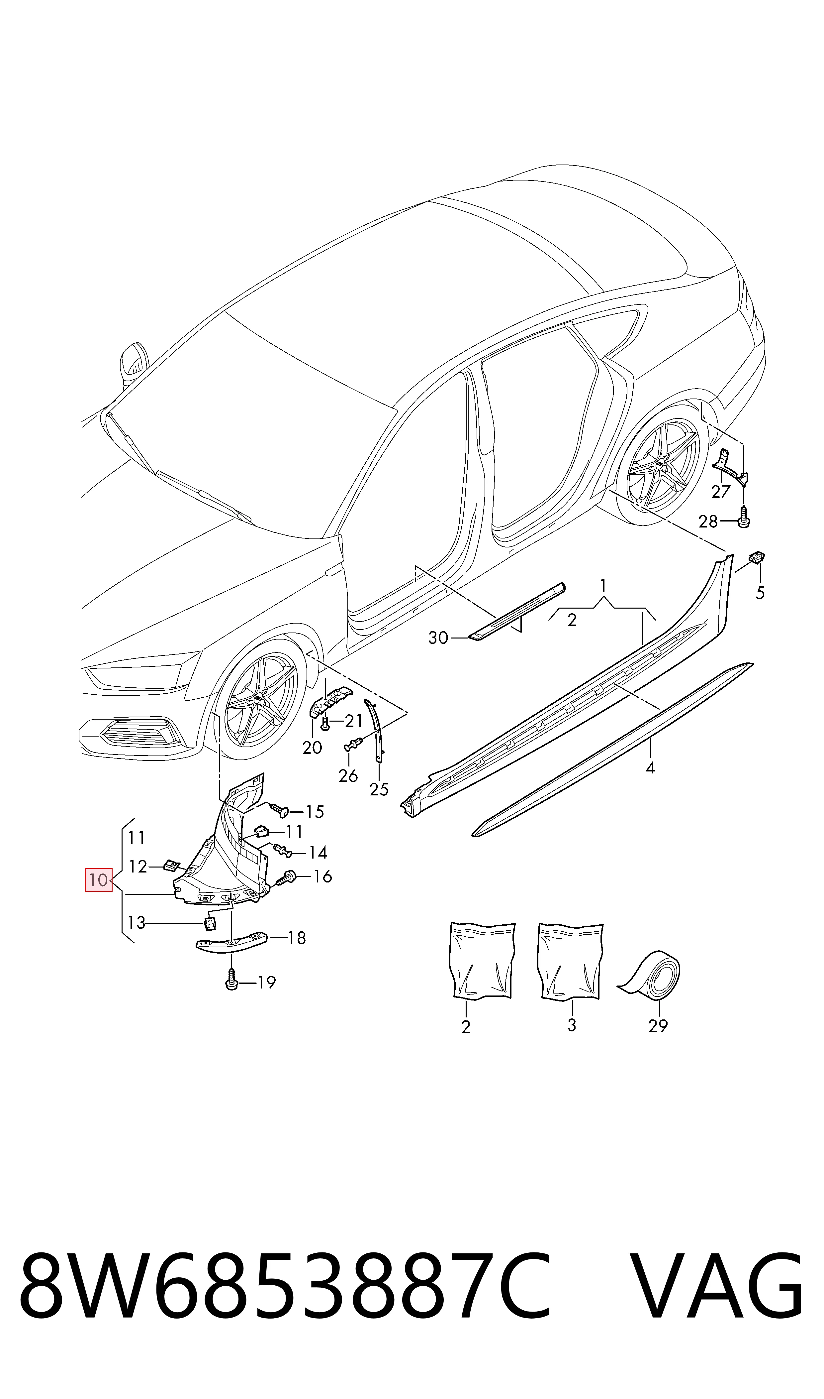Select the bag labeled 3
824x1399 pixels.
click(570, 961)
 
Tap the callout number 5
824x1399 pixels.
click(760, 593)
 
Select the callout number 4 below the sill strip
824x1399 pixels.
click(650, 768)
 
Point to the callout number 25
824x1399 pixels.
click(379, 789)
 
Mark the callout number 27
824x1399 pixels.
click(721, 492)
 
